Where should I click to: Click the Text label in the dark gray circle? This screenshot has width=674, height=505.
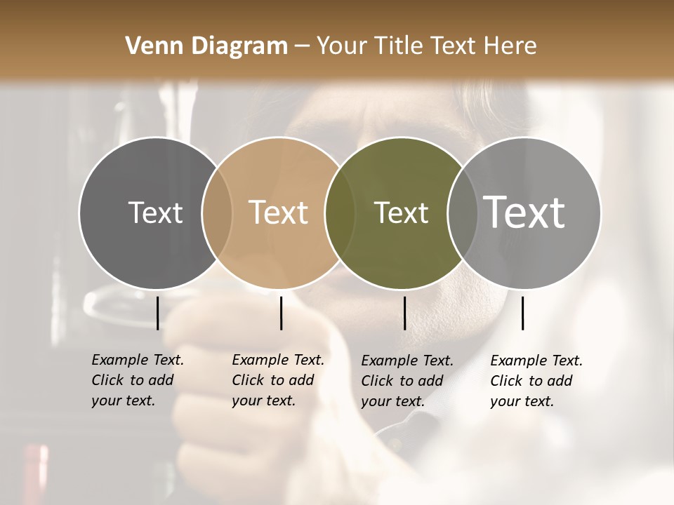click(155, 213)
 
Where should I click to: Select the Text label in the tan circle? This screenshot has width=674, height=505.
click(278, 213)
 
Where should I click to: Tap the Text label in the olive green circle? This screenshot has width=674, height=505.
click(401, 213)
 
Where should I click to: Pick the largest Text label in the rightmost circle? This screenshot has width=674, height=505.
click(524, 213)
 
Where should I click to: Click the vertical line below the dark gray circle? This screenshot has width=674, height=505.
click(157, 313)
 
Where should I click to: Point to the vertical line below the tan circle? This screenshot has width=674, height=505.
click(281, 313)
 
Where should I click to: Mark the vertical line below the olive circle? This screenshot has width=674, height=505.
click(405, 313)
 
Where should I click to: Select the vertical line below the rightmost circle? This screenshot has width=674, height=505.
click(523, 313)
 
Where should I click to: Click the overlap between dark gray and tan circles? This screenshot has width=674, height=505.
click(217, 213)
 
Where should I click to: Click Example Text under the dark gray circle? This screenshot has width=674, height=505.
click(138, 361)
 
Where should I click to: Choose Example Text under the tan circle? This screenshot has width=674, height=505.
click(278, 361)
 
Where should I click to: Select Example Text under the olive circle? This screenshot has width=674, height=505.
click(407, 361)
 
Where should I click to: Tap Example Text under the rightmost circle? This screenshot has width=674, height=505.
click(536, 361)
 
